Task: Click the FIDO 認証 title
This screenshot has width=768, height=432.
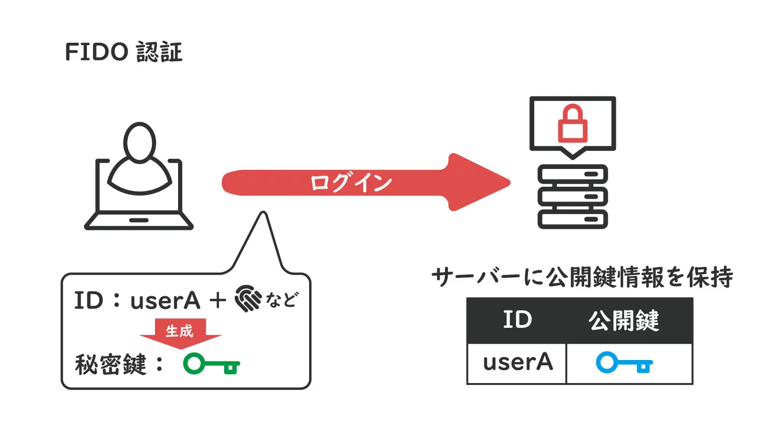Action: pyautogui.click(x=123, y=52)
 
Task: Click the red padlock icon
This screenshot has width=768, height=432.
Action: pyautogui.click(x=572, y=124)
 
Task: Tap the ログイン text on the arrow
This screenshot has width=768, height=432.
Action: pyautogui.click(x=351, y=183)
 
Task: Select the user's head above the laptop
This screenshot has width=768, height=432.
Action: pyautogui.click(x=140, y=142)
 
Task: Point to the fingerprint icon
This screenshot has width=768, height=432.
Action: pyautogui.click(x=248, y=299)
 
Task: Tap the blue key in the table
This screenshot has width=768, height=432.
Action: pyautogui.click(x=624, y=363)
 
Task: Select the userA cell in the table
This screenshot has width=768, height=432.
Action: pyautogui.click(x=517, y=362)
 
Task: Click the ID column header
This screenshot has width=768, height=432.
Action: pyautogui.click(x=517, y=320)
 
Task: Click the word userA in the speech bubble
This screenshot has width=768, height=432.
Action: pyautogui.click(x=165, y=301)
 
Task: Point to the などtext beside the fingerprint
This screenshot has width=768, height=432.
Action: pyautogui.click(x=282, y=300)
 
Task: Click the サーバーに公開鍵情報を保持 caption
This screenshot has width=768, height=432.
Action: pyautogui.click(x=582, y=277)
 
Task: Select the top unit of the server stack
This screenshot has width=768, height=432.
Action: pyautogui.click(x=573, y=174)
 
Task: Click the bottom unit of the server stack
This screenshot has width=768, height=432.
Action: pyautogui.click(x=573, y=219)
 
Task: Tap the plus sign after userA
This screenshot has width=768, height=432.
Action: pyautogui.click(x=217, y=300)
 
